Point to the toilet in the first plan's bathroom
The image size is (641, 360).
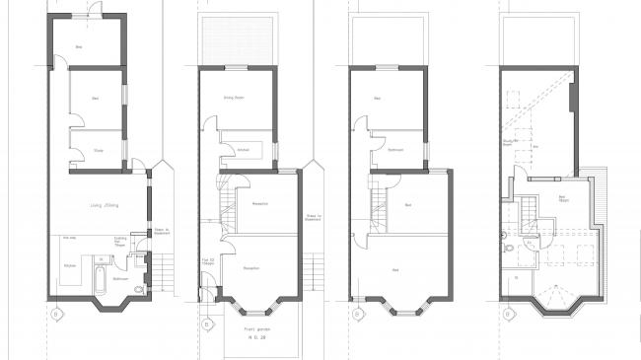pos(138,288)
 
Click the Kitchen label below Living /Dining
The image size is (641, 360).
pos(69,267)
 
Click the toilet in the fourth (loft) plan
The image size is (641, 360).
pos(505,235)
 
